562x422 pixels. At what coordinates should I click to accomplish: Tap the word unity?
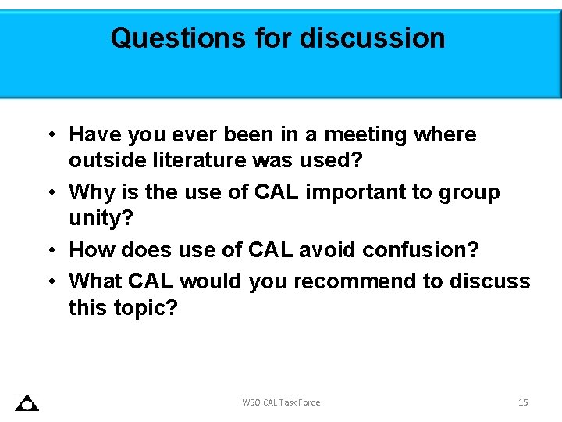pyautogui.click(x=101, y=217)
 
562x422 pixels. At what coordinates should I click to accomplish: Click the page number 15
pyautogui.click(x=523, y=402)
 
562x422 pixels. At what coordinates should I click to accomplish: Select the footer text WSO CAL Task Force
pyautogui.click(x=281, y=402)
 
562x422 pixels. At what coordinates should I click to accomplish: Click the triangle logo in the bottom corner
pyautogui.click(x=27, y=403)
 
